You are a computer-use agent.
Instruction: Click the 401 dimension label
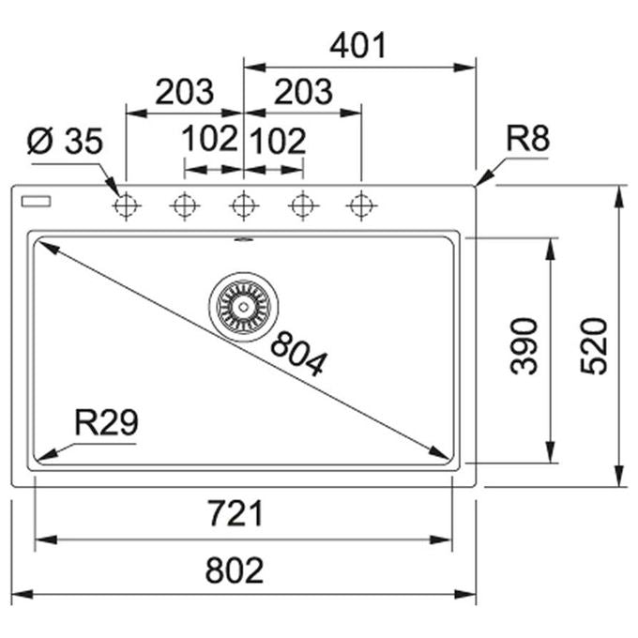tap(357, 46)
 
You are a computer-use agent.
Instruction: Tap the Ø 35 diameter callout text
tap(65, 141)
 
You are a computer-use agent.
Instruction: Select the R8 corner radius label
tap(527, 138)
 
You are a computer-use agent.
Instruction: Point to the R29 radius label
tap(107, 422)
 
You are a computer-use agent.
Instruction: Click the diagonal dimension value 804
tap(298, 354)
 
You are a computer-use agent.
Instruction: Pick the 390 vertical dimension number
tap(524, 346)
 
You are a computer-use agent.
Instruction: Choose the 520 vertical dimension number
tap(594, 346)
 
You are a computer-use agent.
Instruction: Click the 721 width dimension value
tap(235, 513)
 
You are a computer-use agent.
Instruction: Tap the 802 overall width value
tap(235, 570)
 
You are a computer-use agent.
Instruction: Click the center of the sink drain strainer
tap(243, 307)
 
